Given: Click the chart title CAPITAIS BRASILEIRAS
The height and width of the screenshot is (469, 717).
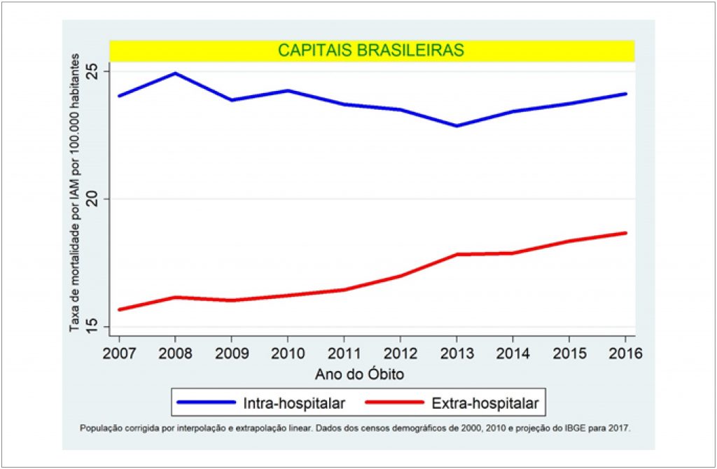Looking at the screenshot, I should coord(371,50).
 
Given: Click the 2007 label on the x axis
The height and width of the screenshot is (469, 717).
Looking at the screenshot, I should coord(118,354).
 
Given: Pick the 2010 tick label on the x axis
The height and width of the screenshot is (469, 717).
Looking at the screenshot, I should coord(287,354).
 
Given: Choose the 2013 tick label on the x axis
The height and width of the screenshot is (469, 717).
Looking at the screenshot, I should coord(457,354).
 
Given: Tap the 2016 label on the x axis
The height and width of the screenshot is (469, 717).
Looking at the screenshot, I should coord(625,354).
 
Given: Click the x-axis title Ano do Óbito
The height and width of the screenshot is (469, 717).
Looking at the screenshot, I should coord(359,374).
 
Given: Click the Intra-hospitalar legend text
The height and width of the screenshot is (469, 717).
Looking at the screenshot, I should coord(293,403).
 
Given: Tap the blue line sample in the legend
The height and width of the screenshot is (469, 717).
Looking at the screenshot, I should coord(206,403).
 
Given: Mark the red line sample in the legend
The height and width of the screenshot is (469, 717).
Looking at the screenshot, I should coord(396,403).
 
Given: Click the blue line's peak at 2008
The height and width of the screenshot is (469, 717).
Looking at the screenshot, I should coord(175,73).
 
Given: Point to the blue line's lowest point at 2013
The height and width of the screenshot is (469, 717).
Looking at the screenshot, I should coord(457,126).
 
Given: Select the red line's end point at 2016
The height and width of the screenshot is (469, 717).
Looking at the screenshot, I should coord(625,232).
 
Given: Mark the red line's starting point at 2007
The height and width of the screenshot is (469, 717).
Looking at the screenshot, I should coord(119,309).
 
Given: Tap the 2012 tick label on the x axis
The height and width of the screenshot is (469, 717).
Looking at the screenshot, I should coord(401,354).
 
